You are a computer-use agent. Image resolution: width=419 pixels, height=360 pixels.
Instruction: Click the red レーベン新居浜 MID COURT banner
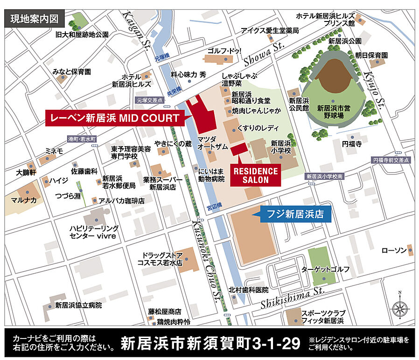[114, 118]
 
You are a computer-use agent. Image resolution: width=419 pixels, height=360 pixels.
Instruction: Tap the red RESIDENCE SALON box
[256, 175]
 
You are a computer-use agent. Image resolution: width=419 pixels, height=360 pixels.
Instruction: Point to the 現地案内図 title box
[32, 19]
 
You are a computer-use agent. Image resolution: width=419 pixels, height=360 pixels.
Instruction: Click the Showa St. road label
[264, 52]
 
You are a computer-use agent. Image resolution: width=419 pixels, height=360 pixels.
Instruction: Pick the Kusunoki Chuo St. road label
[205, 261]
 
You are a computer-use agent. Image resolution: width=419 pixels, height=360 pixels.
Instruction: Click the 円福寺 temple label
[352, 144]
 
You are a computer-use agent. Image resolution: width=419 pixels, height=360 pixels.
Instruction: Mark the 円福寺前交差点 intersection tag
[391, 160]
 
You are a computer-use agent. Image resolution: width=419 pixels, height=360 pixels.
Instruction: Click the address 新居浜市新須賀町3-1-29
[210, 344]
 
